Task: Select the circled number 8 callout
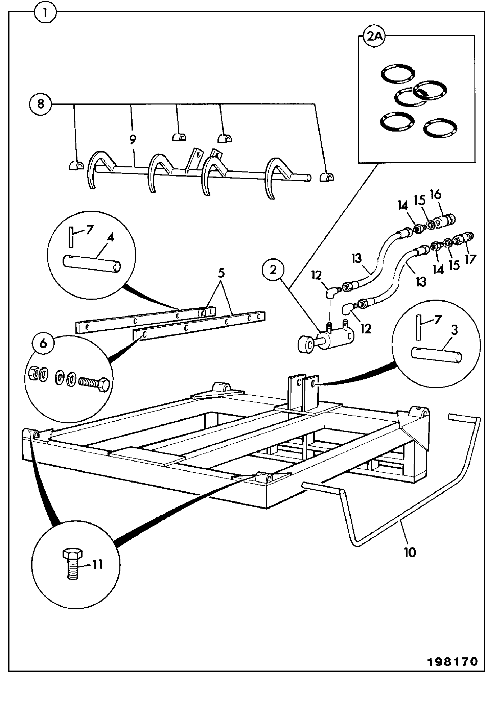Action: click(40, 104)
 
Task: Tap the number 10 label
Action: click(410, 552)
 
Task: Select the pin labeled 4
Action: click(92, 263)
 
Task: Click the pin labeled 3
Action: click(436, 355)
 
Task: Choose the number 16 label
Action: click(436, 194)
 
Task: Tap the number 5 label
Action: click(221, 273)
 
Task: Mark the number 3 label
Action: click(454, 330)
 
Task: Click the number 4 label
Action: click(111, 237)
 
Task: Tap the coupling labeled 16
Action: click(445, 221)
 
